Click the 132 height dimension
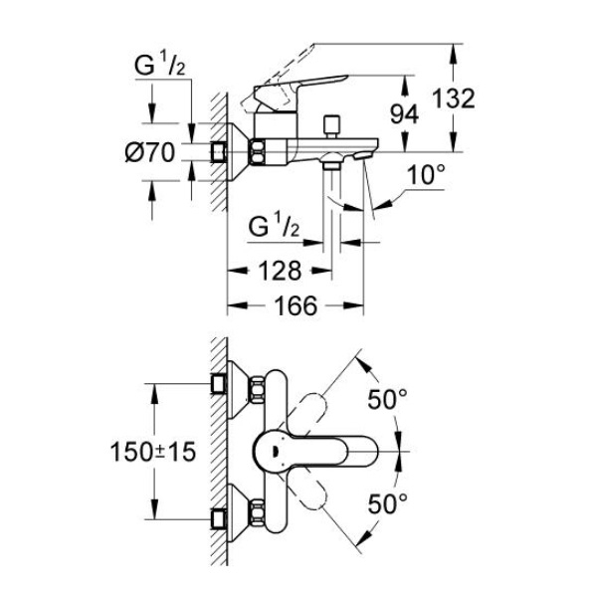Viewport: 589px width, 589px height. point(454,98)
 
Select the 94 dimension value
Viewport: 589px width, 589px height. point(404,114)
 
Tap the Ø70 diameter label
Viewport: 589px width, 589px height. point(150,153)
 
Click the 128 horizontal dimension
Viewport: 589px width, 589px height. point(281,271)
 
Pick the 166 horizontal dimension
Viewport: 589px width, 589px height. point(296,305)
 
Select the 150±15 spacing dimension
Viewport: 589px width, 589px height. point(153,451)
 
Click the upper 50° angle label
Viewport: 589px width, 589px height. point(387,399)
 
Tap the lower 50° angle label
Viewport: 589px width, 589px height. point(387,503)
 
